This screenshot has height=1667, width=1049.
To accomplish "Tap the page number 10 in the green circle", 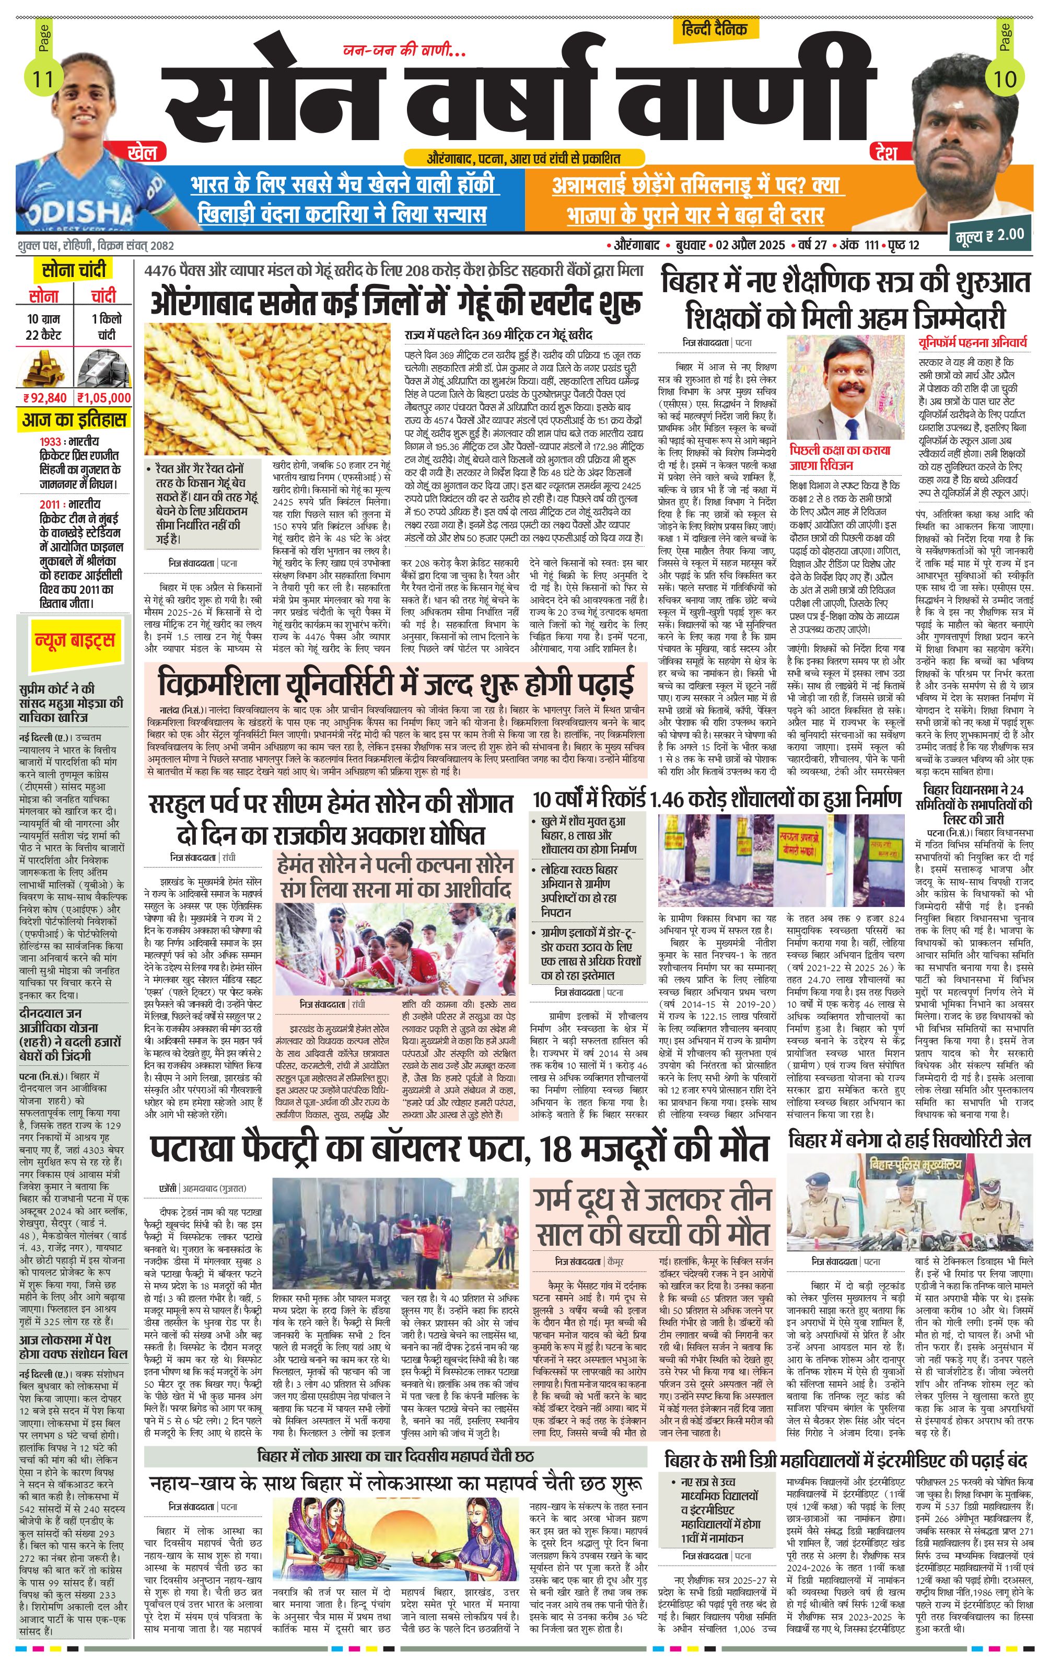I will [x=1004, y=79].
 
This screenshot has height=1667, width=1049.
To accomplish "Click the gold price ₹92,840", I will [x=45, y=397].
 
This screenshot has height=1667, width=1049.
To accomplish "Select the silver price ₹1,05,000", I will [x=104, y=397].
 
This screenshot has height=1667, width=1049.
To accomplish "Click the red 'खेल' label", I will [x=142, y=152].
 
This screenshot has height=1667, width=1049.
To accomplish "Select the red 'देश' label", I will [x=885, y=152].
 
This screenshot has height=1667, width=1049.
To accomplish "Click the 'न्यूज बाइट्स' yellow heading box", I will [x=75, y=640].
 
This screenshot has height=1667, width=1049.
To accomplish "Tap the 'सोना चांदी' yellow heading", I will [x=74, y=270].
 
